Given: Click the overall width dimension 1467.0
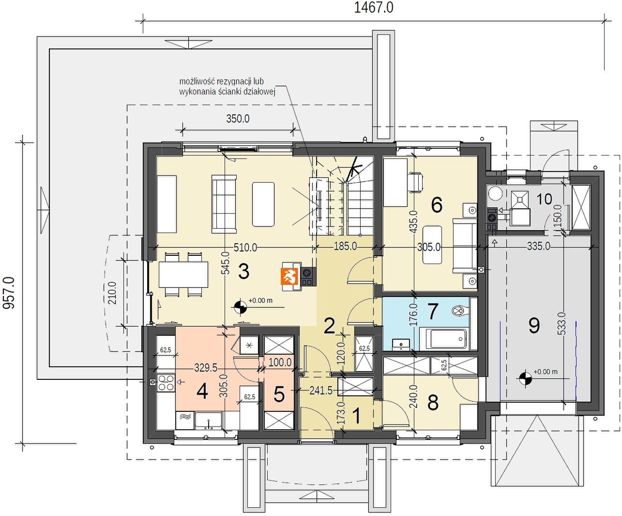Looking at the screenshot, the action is pyautogui.click(x=374, y=8).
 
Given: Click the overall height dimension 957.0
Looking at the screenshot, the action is pyautogui.click(x=9, y=293).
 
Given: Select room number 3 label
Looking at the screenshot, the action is pyautogui.click(x=243, y=272).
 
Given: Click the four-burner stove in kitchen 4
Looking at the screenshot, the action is pyautogui.click(x=166, y=383).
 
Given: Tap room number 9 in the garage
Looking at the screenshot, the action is pyautogui.click(x=534, y=326).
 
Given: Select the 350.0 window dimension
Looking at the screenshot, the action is pyautogui.click(x=238, y=119).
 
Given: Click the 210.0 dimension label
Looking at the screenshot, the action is pyautogui.click(x=112, y=293).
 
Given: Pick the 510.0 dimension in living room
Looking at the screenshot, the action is pyautogui.click(x=245, y=247).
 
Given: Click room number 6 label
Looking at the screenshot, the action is pyautogui.click(x=437, y=205).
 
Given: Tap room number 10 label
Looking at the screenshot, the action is pyautogui.click(x=544, y=199).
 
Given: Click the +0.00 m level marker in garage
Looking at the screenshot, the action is pyautogui.click(x=545, y=372).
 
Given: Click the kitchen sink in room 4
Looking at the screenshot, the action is pyautogui.click(x=209, y=421).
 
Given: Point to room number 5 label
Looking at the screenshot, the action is pyautogui.click(x=279, y=394).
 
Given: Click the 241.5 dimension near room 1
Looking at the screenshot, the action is pyautogui.click(x=321, y=391).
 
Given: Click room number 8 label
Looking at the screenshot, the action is pyautogui.click(x=433, y=402).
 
